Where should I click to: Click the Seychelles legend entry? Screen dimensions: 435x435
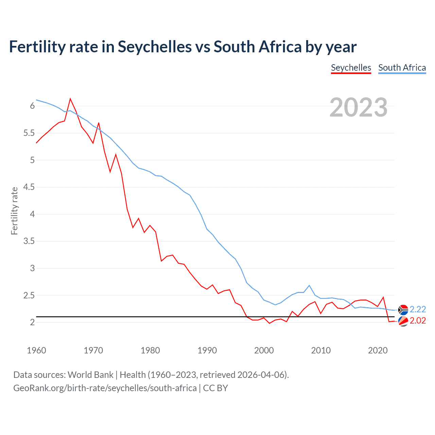351,68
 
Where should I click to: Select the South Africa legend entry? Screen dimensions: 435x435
402,68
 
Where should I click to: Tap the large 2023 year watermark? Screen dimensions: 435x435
359,107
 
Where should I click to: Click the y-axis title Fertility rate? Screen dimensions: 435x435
14,211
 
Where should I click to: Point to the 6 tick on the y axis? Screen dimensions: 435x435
32,106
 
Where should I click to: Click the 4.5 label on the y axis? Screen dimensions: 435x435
29,187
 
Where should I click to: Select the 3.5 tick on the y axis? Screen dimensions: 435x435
29,241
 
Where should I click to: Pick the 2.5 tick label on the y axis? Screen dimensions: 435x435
29,296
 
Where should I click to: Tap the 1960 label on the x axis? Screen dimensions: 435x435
36,350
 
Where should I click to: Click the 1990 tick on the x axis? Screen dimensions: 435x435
207,350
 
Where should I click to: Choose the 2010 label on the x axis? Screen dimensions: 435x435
320,350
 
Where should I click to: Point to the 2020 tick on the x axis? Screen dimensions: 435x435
378,350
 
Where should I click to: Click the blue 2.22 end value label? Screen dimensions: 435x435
418,309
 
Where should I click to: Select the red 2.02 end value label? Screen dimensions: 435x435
418,321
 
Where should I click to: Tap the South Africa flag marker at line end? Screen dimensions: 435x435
403,310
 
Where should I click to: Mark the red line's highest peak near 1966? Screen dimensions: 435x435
70,99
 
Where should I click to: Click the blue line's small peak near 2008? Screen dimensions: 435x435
309,285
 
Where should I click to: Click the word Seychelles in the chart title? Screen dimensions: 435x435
155,47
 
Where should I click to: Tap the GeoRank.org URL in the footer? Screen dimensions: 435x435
105,388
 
